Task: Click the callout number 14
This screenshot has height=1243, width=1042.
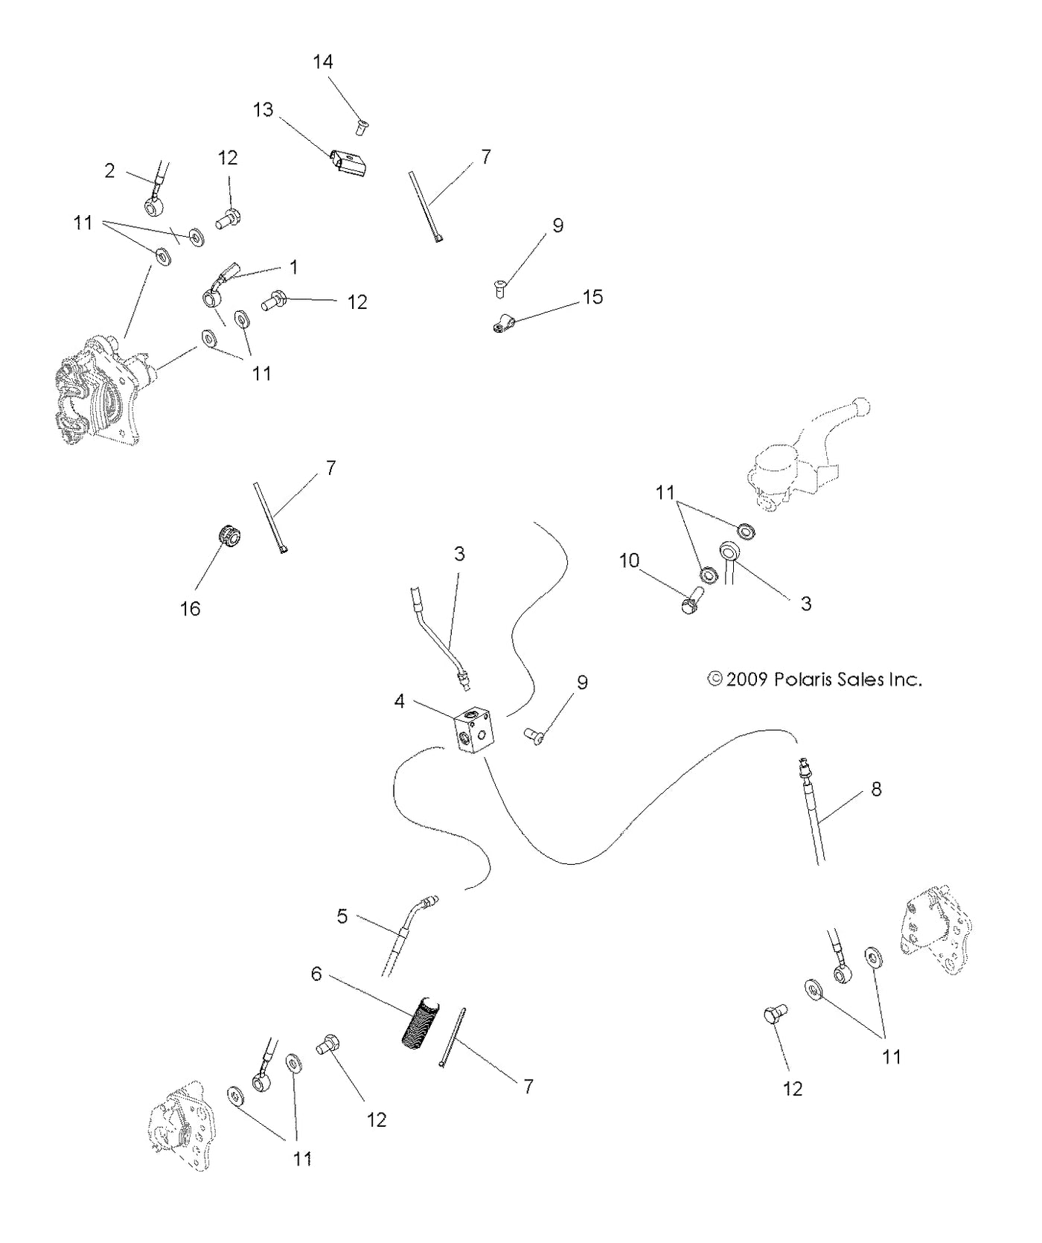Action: click(322, 62)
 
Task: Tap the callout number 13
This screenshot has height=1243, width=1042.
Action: click(263, 110)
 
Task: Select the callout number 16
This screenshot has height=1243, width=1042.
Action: click(190, 609)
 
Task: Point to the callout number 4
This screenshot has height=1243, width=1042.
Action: click(400, 701)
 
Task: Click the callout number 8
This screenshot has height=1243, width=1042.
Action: click(876, 789)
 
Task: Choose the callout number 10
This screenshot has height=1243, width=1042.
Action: click(629, 560)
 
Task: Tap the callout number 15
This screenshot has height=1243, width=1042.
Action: click(592, 297)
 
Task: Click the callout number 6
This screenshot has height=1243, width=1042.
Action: click(316, 974)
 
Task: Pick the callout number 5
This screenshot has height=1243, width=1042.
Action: click(342, 916)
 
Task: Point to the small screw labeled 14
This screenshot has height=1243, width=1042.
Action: click(362, 127)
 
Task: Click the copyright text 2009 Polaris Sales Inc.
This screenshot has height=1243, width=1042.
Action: click(814, 680)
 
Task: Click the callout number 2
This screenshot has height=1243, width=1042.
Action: click(109, 171)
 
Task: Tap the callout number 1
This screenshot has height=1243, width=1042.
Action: click(293, 266)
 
